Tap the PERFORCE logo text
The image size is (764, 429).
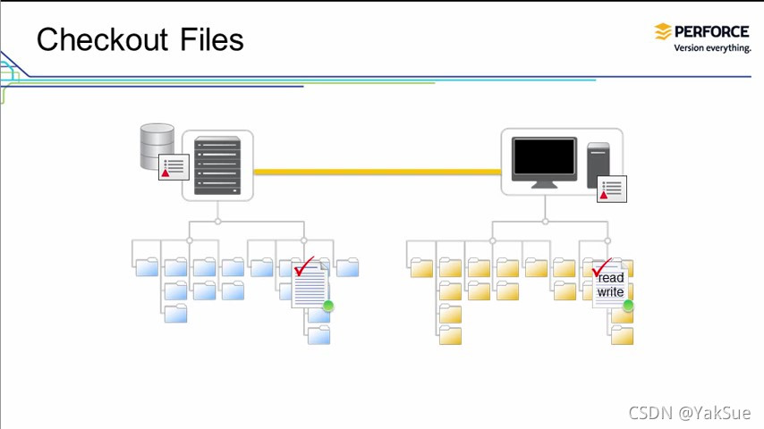tap(712, 31)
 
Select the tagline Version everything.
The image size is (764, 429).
tap(712, 48)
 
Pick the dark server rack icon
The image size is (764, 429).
tap(217, 165)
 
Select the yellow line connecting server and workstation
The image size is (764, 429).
tap(376, 172)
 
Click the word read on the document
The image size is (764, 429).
tap(611, 278)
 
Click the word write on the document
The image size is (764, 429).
tap(611, 292)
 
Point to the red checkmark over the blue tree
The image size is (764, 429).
tap(305, 266)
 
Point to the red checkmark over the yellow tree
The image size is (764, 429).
tap(602, 266)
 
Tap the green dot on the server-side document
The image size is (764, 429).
tap(328, 307)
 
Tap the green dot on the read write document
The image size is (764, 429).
tap(628, 306)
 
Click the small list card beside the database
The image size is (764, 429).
tap(174, 166)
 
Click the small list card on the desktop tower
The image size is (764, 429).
tap(612, 189)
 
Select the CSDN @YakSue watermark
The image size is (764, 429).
tap(689, 412)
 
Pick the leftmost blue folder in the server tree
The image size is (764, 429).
tap(147, 266)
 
